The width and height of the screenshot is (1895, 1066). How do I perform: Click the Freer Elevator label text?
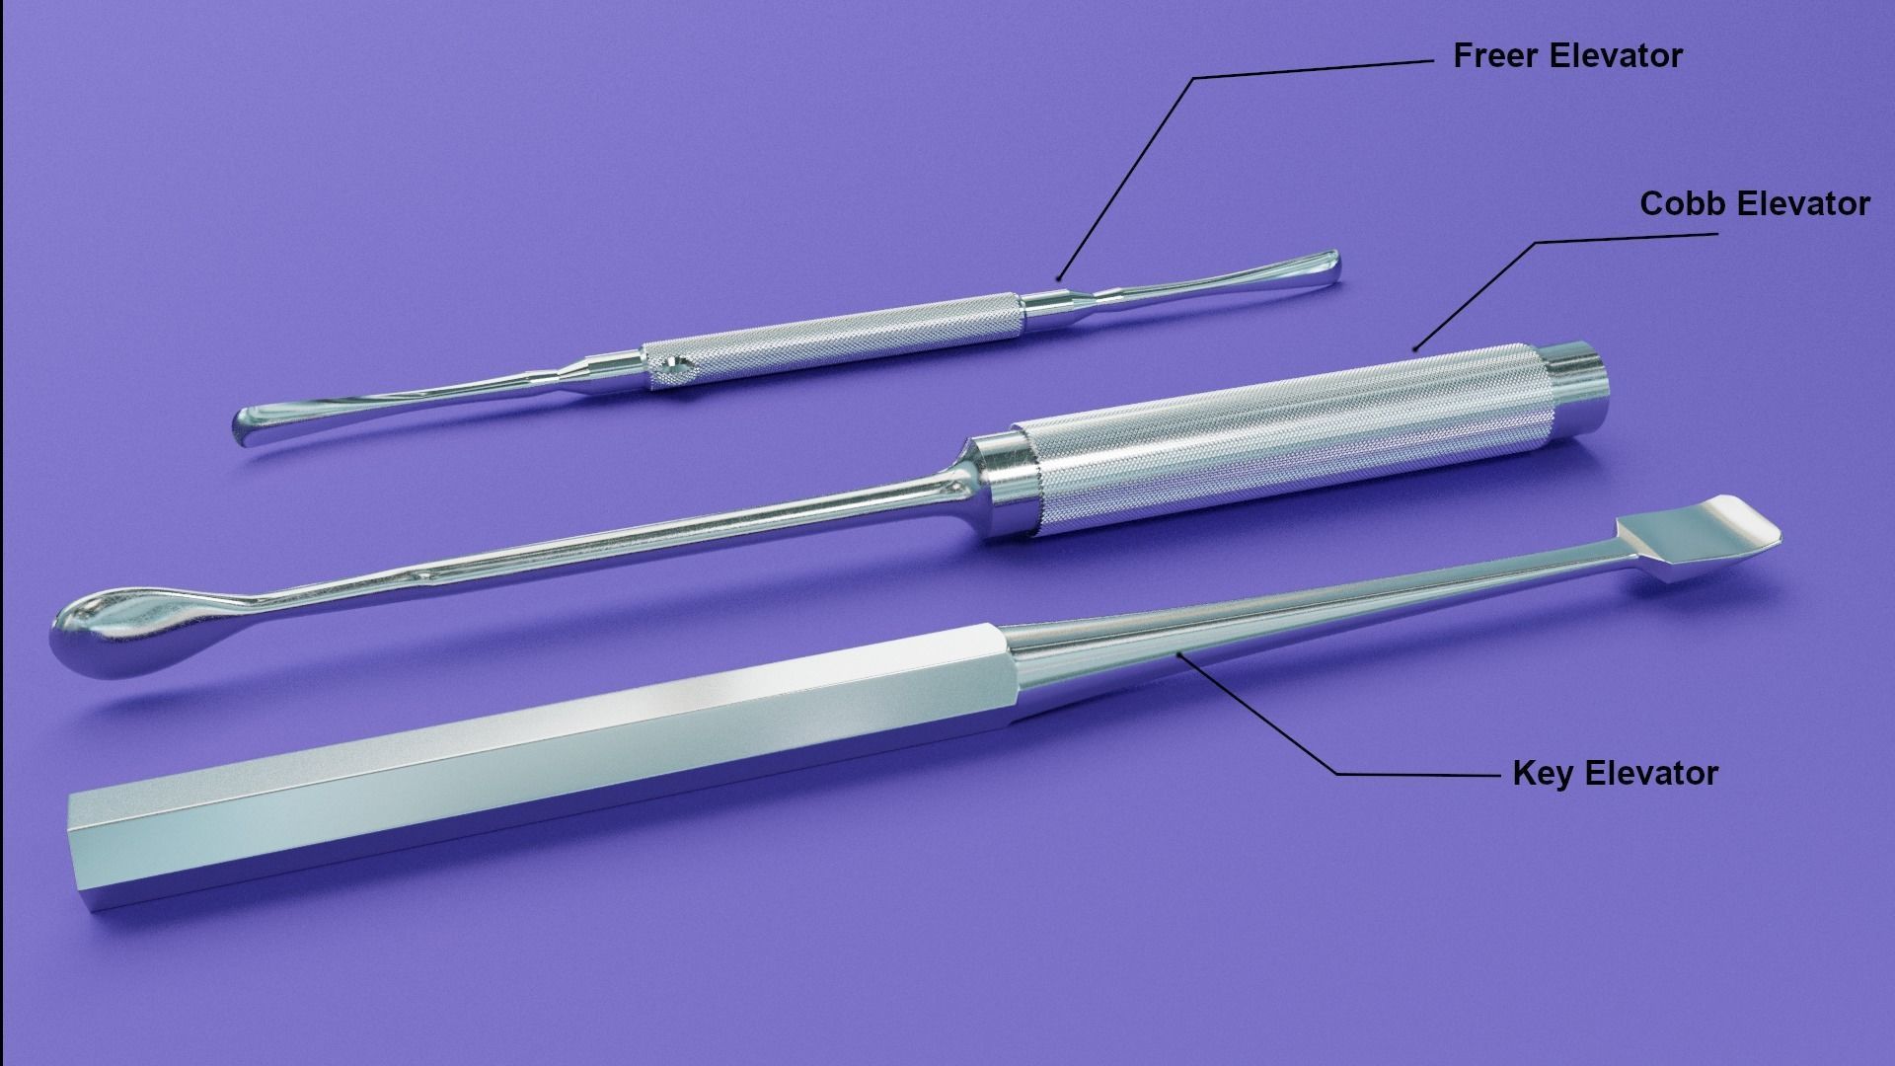(1566, 56)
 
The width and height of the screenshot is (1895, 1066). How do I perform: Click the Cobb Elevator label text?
(1754, 204)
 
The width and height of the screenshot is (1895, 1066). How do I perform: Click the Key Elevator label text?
(1615, 773)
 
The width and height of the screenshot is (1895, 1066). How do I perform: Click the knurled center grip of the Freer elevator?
(849, 341)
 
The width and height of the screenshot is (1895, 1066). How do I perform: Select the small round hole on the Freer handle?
(676, 371)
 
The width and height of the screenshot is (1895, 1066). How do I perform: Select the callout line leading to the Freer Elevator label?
(1125, 178)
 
